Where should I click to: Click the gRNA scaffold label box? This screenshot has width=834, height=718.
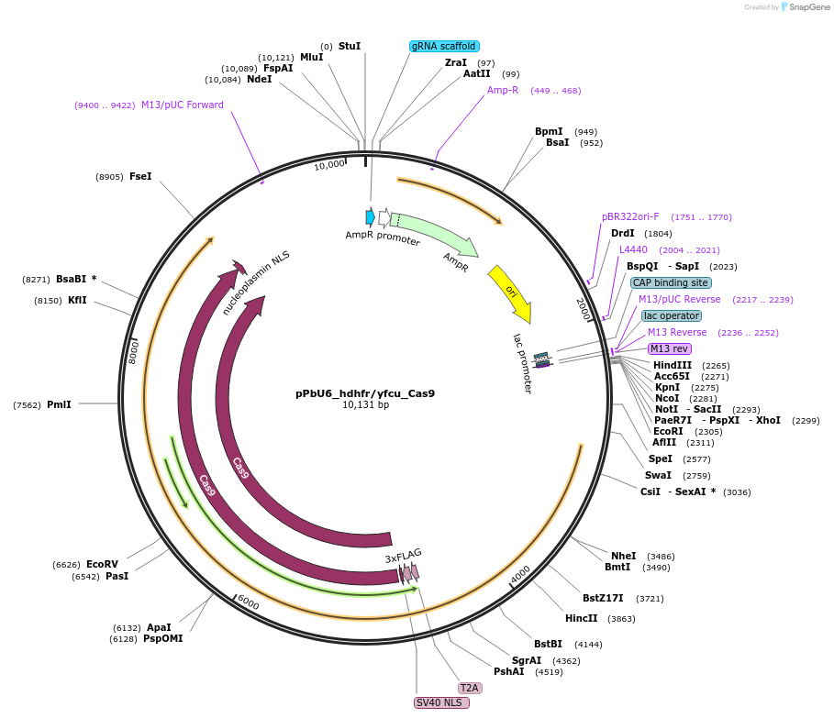click(x=444, y=46)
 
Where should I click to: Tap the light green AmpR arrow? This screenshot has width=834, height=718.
click(x=433, y=234)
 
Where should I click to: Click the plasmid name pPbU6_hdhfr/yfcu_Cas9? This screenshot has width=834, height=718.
click(x=365, y=393)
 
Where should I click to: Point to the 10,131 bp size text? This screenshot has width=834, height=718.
click(x=365, y=404)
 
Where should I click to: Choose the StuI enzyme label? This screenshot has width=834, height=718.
click(x=350, y=46)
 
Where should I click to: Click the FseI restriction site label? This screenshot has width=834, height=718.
click(x=140, y=176)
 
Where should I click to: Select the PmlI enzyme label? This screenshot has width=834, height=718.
click(x=59, y=404)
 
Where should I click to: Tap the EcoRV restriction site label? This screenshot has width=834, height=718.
click(x=102, y=565)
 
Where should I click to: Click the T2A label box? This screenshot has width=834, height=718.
click(x=470, y=688)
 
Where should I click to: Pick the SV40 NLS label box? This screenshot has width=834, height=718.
click(x=441, y=702)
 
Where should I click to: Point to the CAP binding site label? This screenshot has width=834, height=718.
click(x=670, y=282)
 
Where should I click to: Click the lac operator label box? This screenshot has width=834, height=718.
click(x=671, y=315)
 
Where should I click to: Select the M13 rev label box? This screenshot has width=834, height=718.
click(x=669, y=348)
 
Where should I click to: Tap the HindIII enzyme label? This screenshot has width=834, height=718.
click(x=673, y=365)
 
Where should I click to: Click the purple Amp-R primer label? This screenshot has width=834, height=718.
click(x=503, y=90)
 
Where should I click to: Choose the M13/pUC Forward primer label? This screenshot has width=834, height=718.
click(x=183, y=105)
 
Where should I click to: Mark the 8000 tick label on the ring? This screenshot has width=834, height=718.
click(x=133, y=350)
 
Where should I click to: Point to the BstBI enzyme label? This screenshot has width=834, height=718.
click(x=548, y=644)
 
